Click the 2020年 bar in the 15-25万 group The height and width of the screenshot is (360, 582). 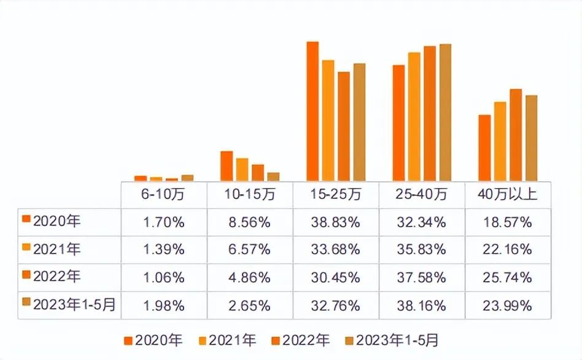click(312, 111)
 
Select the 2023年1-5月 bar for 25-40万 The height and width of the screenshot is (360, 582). click(445, 112)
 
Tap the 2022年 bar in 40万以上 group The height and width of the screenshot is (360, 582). click(516, 135)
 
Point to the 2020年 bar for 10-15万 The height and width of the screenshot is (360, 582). click(227, 166)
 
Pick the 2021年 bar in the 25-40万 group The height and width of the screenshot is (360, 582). click(414, 117)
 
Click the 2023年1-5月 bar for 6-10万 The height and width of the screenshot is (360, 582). click(187, 178)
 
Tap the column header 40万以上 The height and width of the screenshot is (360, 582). click(507, 195)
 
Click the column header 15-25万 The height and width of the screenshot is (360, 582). click(335, 195)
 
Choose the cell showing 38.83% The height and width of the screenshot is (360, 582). click(335, 222)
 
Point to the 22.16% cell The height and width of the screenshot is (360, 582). click(507, 250)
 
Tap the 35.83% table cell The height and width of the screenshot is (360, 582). click(421, 250)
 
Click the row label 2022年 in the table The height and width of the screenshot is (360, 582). click(58, 277)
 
